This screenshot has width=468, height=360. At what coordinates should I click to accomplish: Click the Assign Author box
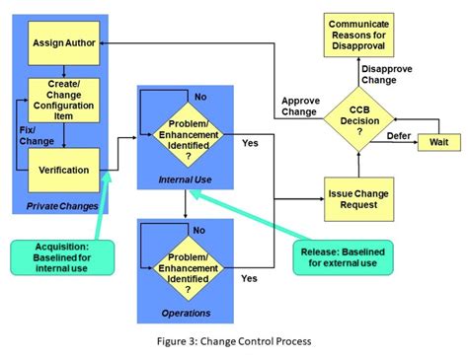click(62, 44)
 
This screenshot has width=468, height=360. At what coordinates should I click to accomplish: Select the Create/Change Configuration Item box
click(62, 99)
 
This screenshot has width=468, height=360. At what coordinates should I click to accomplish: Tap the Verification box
click(62, 170)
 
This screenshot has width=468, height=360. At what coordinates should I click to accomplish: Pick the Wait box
click(436, 143)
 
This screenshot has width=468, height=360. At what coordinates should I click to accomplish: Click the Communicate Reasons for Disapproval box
click(359, 35)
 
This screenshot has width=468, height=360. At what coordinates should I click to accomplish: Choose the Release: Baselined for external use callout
click(344, 256)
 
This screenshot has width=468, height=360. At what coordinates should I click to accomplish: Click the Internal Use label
click(186, 180)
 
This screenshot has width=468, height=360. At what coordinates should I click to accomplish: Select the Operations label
click(186, 313)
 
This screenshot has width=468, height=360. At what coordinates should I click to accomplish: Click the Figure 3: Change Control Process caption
click(234, 341)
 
